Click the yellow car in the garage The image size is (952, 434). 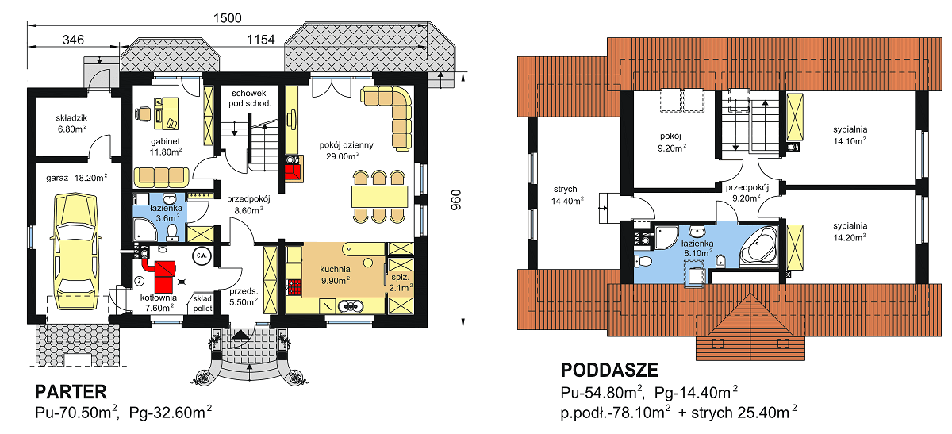click(75, 251)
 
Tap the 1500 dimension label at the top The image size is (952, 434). click(228, 18)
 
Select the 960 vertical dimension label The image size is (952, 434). click(455, 200)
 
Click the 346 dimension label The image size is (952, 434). click(73, 40)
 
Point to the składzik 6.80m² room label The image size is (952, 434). click(72, 123)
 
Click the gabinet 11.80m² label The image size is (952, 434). click(166, 147)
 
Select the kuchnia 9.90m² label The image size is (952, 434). click(336, 275)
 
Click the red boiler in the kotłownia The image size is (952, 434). click(163, 275)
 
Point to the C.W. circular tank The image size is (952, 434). click(202, 255)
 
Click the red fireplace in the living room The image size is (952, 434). click(293, 169)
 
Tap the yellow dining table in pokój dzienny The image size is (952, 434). click(379, 197)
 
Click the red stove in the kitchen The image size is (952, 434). click(294, 287)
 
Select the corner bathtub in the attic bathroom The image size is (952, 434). click(758, 247)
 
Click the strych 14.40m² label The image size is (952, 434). click(566, 195)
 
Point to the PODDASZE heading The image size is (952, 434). click(609, 371)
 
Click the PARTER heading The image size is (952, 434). click(71, 392)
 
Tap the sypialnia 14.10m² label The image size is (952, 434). click(850, 135)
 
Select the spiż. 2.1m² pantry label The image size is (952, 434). click(401, 282)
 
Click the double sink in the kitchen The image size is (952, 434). click(350, 306)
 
